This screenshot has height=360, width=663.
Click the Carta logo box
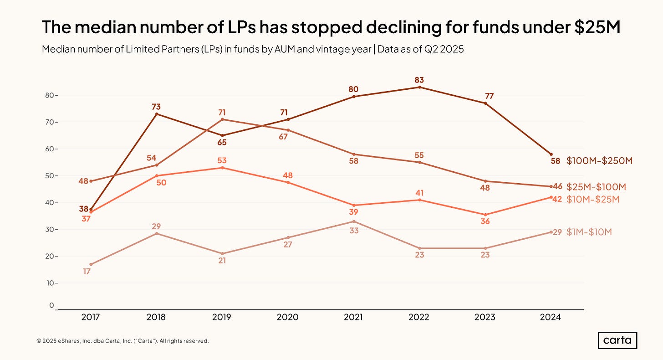pos(617,340)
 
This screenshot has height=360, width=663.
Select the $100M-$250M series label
pos(599,160)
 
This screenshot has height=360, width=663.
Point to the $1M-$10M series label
pos(589,232)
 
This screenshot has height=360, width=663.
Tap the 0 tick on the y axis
pos(52,305)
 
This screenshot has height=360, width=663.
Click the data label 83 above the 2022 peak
pos(419,80)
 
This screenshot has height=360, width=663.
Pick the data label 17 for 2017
pos(87,272)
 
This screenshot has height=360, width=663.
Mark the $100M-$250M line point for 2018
pos(157,114)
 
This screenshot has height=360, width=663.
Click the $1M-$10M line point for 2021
pos(354,221)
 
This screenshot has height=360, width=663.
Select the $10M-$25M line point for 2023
pos(485,215)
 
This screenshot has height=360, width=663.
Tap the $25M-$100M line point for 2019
pos(222,119)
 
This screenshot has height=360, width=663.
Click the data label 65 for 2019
pos(222,142)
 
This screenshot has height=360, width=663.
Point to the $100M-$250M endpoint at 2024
pos(551,154)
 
